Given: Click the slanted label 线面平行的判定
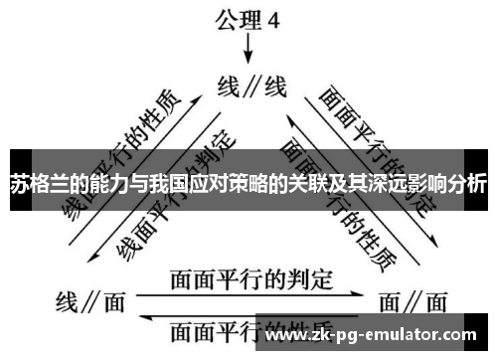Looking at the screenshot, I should click(x=175, y=190).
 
